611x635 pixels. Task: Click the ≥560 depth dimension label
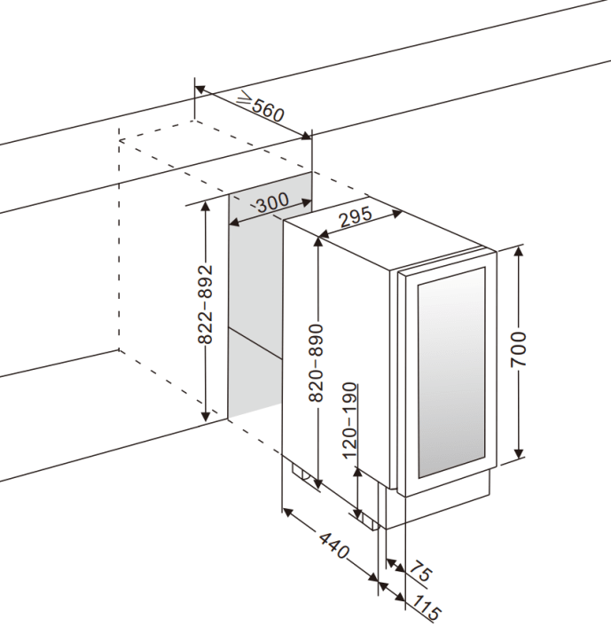tap(260, 108)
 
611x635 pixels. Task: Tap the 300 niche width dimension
tap(271, 203)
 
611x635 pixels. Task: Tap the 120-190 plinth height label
tap(350, 421)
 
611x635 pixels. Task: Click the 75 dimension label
tap(419, 573)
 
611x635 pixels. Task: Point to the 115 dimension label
tap(427, 609)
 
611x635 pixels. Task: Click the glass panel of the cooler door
tap(451, 372)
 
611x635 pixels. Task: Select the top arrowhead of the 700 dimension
tap(520, 250)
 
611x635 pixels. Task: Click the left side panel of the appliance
tap(337, 355)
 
